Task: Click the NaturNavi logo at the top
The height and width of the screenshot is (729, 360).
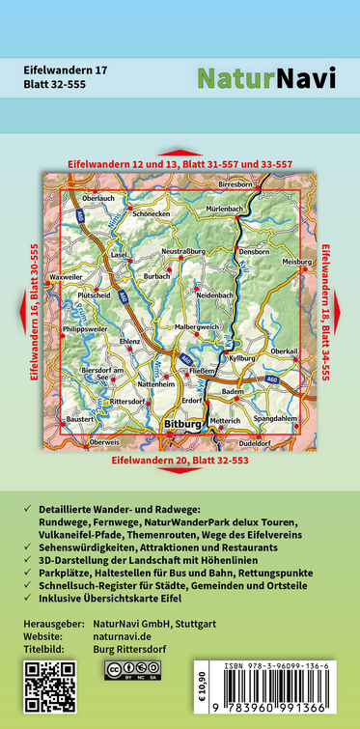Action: [266, 78]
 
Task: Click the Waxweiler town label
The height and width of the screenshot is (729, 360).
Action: [66, 276]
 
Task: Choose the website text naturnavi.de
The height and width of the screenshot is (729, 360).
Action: [130, 637]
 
